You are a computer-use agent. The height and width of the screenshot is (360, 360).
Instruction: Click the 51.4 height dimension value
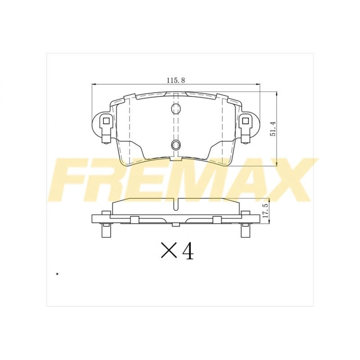274,127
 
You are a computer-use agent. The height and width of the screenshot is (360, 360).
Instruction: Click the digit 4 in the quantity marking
188,251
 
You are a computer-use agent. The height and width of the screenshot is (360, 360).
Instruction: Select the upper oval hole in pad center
175,108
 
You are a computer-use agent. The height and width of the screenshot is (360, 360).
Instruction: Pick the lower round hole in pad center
175,145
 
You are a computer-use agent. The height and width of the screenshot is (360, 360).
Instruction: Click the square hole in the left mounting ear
106,120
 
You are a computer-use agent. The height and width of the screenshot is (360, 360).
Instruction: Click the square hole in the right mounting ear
245,120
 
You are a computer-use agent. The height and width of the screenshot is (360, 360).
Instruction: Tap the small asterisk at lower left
57,274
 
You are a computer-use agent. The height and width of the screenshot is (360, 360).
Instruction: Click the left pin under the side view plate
106,231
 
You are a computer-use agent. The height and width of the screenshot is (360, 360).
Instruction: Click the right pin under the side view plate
244,231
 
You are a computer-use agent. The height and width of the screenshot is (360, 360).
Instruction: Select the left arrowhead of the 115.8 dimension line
94,84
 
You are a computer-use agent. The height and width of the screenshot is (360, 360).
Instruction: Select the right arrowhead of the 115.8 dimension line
258,84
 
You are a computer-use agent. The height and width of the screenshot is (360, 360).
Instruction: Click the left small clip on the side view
134,219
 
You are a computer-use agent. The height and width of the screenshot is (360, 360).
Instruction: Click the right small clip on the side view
217,219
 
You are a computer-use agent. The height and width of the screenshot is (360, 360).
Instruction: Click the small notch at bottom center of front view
175,159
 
